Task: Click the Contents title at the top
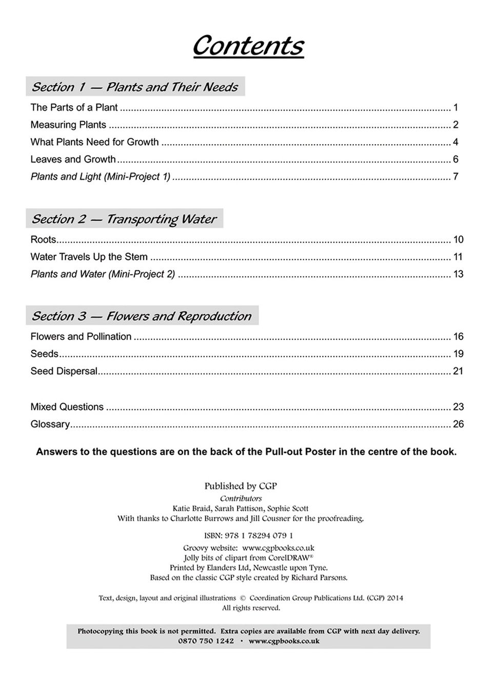[248, 46]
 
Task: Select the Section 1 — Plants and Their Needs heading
[135, 87]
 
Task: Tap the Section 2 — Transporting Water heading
[124, 219]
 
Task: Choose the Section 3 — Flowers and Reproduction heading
[142, 316]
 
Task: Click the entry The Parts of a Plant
[74, 108]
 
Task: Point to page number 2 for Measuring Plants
[456, 125]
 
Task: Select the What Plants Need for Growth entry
[94, 142]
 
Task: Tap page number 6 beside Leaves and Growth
[456, 160]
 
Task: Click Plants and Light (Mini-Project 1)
[101, 177]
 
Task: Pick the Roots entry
[43, 240]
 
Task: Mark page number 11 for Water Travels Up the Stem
[458, 257]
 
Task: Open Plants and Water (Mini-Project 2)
[103, 274]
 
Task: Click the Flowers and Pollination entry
[81, 337]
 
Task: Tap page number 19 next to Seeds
[458, 354]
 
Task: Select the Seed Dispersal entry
[64, 371]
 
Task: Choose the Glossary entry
[50, 424]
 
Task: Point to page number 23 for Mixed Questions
[458, 407]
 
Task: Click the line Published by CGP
[241, 486]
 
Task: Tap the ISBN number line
[248, 536]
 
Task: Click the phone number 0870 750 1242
[206, 641]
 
